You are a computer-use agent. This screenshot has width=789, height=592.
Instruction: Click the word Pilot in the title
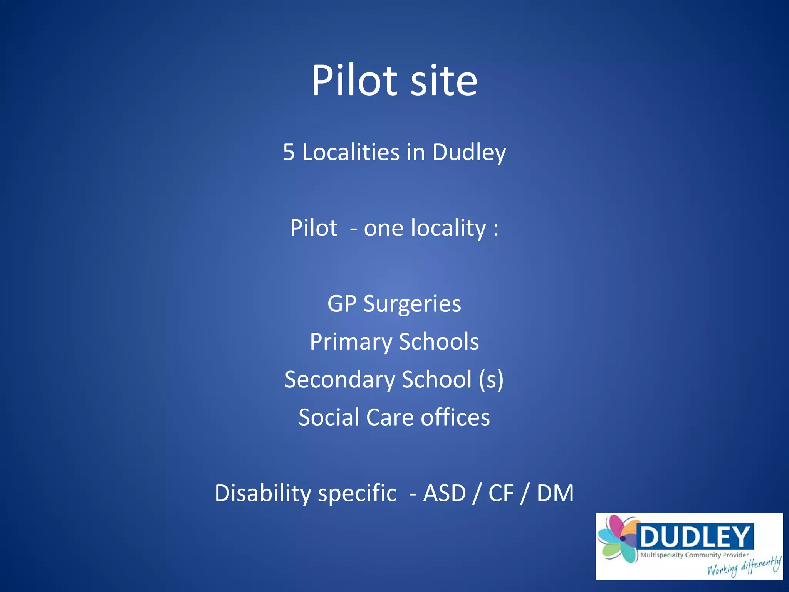point(354,81)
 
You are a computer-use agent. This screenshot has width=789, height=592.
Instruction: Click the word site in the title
point(444,81)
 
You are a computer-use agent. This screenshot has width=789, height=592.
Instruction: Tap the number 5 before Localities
point(289,152)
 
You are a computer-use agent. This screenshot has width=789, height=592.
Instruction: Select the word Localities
point(351,152)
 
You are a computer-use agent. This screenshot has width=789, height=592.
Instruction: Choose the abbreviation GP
point(342,304)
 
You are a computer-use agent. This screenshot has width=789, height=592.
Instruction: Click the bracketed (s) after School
point(491,380)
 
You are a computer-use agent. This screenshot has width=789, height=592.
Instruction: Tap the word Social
point(329,417)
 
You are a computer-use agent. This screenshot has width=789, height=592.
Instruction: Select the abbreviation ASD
point(445,493)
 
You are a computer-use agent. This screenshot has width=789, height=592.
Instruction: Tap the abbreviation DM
point(555,493)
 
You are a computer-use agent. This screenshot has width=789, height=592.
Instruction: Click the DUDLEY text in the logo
point(696,536)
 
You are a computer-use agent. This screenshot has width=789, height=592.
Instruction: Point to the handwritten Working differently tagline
point(744,566)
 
